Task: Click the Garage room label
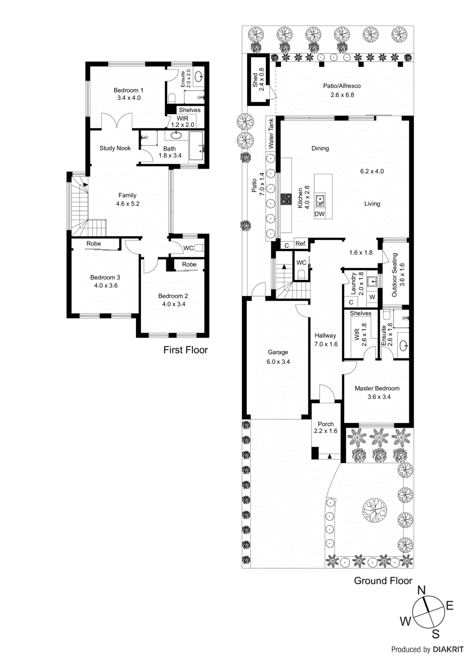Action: click(x=278, y=352)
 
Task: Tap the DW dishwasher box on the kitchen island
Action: click(x=319, y=214)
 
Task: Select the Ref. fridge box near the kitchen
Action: click(x=301, y=244)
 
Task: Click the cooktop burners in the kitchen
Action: click(x=286, y=199)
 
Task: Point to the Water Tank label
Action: click(x=271, y=134)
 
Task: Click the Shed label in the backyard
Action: click(x=255, y=80)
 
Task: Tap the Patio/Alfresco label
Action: click(x=341, y=86)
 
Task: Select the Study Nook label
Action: click(x=115, y=148)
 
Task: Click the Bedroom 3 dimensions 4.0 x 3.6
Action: click(x=106, y=286)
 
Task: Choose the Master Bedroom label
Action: click(x=377, y=388)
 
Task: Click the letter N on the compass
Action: click(x=421, y=590)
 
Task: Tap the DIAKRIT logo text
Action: click(x=448, y=649)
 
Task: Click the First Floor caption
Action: click(x=185, y=350)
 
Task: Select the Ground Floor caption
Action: click(x=383, y=580)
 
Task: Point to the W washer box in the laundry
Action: click(x=372, y=297)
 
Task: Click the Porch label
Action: click(x=325, y=424)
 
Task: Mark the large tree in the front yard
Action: click(x=375, y=510)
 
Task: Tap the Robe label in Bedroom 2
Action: click(x=189, y=264)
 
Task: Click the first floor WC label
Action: click(x=188, y=248)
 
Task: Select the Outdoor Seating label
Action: click(x=394, y=275)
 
